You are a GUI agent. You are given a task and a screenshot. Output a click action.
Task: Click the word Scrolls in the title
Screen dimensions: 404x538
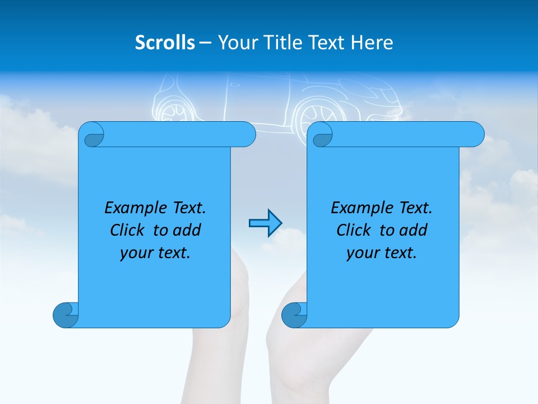[165, 43]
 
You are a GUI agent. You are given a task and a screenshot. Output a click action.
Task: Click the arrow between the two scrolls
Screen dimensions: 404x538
[265, 223]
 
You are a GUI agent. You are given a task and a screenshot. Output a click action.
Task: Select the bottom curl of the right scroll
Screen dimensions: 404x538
[294, 314]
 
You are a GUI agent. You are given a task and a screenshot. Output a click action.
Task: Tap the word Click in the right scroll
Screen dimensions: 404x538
[353, 230]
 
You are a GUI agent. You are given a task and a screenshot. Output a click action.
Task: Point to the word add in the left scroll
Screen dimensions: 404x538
[187, 230]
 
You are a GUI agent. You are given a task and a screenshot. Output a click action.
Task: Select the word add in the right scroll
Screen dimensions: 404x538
[413, 230]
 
